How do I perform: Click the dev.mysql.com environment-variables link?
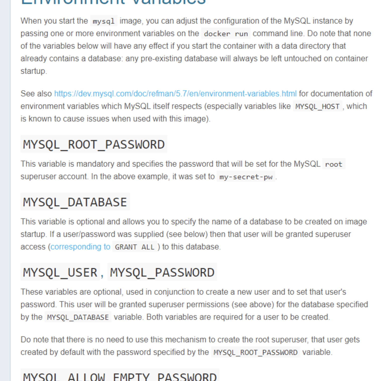click(175, 94)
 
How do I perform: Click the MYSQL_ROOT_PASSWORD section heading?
click(94, 145)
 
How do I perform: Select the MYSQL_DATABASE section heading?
click(75, 202)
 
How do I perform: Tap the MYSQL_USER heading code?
click(60, 273)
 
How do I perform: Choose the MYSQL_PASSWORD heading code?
click(162, 273)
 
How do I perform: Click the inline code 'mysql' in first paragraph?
click(103, 21)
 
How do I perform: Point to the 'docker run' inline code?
click(226, 34)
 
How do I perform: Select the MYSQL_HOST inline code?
click(317, 107)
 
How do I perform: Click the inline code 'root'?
click(334, 164)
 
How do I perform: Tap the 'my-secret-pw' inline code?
click(246, 177)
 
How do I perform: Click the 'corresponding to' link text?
click(80, 247)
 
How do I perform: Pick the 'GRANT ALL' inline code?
click(135, 247)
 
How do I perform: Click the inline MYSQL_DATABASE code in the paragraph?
click(78, 317)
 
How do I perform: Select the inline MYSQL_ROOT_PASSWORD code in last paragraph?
click(256, 353)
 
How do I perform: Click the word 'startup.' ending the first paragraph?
click(34, 71)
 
